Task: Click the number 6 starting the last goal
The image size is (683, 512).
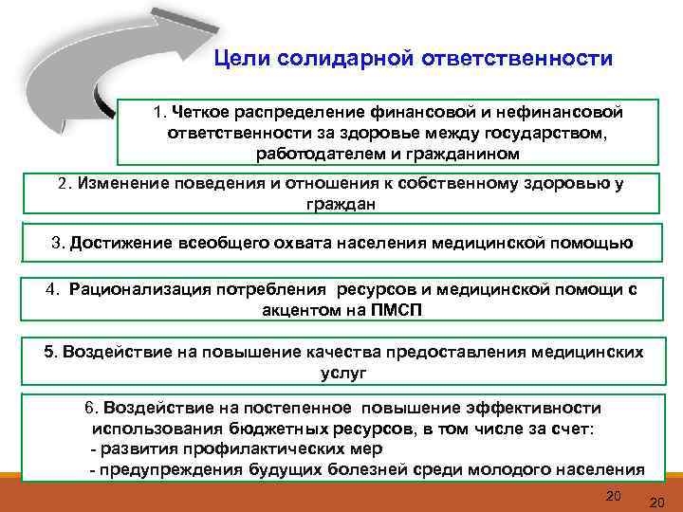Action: (x=89, y=408)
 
